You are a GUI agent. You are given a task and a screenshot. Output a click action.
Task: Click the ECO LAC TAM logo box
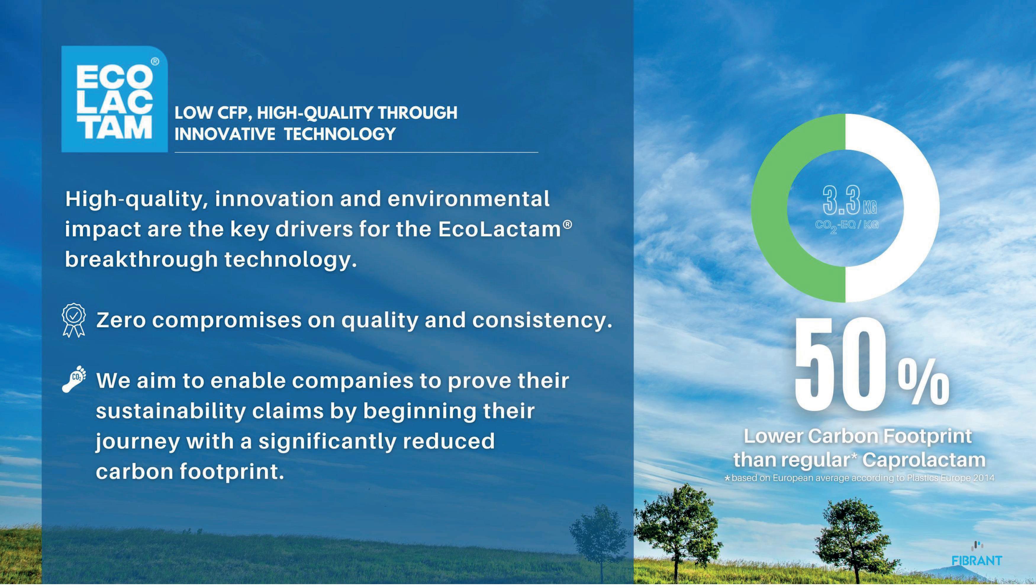[114, 99]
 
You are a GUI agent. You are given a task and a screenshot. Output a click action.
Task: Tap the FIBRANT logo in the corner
[976, 554]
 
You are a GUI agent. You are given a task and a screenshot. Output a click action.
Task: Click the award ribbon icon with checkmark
[74, 320]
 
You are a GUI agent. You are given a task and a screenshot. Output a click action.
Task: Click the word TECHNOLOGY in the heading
[340, 134]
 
